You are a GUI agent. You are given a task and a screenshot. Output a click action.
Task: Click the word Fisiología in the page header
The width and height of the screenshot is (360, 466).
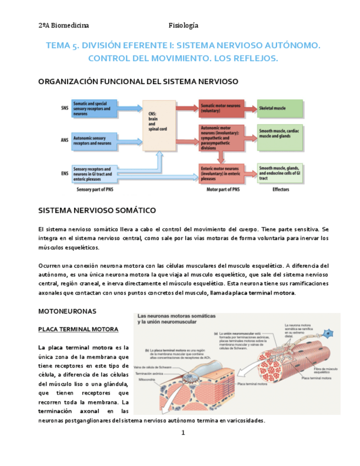click(183, 25)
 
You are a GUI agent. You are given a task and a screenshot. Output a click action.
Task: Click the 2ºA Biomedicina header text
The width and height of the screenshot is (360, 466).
click(64, 25)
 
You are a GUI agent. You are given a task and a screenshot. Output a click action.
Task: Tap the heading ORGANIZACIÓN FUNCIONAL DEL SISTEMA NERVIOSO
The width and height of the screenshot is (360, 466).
click(138, 81)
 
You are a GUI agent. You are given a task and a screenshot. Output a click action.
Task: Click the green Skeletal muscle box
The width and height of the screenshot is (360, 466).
click(280, 108)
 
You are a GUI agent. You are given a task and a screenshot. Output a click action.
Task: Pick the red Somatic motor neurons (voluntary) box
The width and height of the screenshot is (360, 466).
click(221, 108)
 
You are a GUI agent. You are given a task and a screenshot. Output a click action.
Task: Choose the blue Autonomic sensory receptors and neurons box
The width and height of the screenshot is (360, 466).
click(94, 140)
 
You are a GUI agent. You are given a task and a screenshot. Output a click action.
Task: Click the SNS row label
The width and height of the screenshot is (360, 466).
click(65, 109)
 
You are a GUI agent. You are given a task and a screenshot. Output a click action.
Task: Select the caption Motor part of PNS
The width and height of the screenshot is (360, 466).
click(223, 190)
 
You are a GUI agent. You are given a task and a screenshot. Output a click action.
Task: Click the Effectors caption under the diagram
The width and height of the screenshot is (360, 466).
click(280, 190)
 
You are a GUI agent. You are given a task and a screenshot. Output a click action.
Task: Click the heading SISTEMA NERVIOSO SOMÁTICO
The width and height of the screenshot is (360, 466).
click(97, 210)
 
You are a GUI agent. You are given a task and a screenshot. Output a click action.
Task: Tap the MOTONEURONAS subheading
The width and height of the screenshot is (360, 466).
click(67, 311)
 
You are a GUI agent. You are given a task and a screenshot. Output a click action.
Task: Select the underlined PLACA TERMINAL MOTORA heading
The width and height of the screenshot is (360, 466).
click(77, 329)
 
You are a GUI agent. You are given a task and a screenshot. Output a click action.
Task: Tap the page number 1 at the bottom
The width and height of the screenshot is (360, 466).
click(184, 432)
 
